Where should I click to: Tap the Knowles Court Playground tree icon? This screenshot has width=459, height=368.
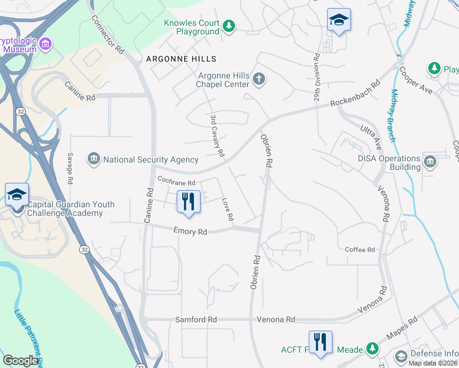[228, 26]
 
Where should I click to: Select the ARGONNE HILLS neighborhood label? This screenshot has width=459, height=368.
[181, 58]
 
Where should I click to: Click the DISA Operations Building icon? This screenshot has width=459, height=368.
[430, 162]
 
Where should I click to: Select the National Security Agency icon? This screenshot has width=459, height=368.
[94, 159]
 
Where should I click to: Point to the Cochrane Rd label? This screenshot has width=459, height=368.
[176, 182]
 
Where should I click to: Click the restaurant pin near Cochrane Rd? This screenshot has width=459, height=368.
[188, 202]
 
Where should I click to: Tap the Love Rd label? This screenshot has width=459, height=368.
[227, 209]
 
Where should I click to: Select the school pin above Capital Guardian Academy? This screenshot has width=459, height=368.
[17, 194]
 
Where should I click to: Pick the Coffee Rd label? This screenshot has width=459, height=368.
[360, 250]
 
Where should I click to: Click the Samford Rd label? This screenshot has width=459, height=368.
[196, 320]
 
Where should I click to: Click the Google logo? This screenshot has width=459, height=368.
[20, 361]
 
